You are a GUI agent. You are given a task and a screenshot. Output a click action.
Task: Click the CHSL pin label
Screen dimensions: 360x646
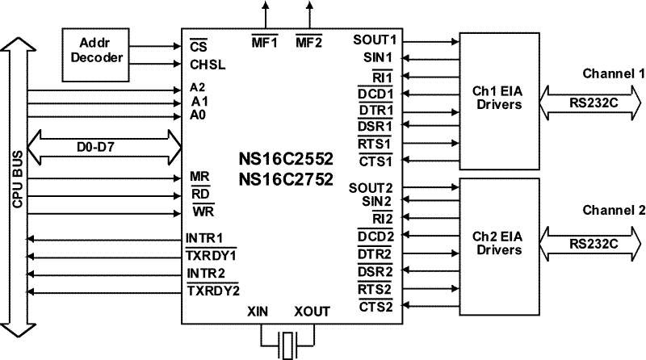[207, 63]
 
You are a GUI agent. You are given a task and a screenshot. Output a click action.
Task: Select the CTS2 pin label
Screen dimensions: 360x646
[375, 306]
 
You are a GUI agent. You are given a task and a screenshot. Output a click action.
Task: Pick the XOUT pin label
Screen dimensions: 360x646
[313, 312]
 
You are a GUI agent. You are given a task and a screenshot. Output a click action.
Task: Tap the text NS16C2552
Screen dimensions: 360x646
[285, 160]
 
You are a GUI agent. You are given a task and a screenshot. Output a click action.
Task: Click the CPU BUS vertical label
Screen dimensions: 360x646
[16, 182]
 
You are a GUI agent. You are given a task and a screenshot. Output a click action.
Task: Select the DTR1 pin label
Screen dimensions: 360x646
[375, 110]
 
